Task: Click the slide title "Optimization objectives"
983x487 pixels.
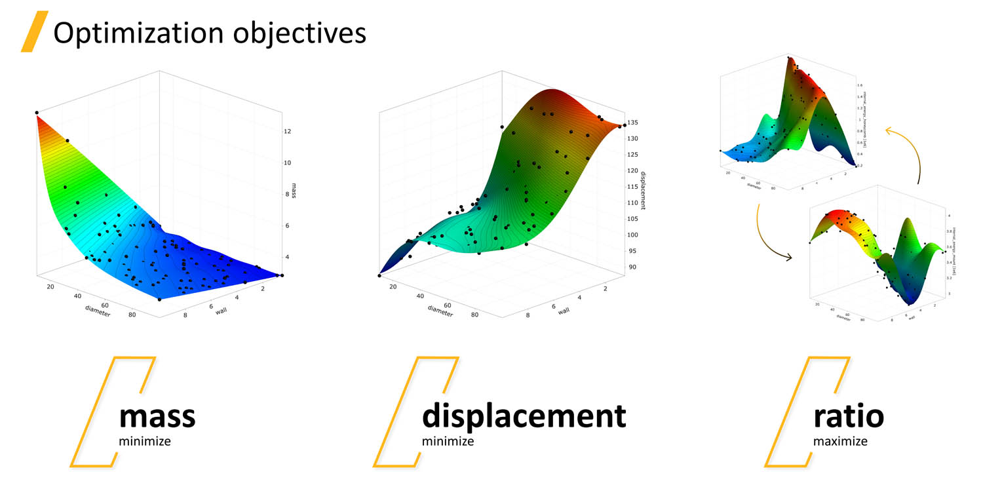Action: pyautogui.click(x=209, y=33)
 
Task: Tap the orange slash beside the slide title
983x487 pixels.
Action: pyautogui.click(x=34, y=32)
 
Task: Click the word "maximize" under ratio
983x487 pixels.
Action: pyautogui.click(x=840, y=441)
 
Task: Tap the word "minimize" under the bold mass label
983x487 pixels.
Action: pyautogui.click(x=144, y=441)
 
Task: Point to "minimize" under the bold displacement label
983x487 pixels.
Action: pyautogui.click(x=448, y=441)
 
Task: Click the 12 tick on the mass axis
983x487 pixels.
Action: pyautogui.click(x=287, y=131)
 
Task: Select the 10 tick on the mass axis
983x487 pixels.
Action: pyautogui.click(x=287, y=163)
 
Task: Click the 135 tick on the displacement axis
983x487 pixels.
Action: pyautogui.click(x=634, y=123)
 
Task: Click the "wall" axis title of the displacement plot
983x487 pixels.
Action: pyautogui.click(x=564, y=311)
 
